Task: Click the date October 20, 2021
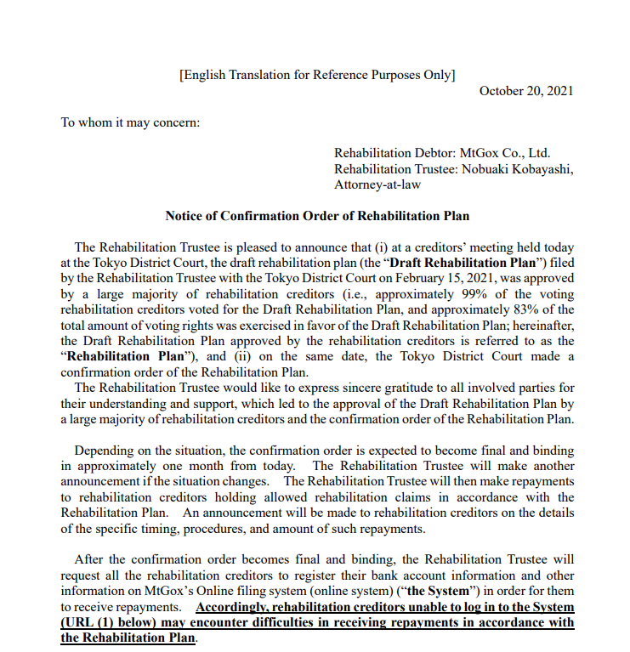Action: point(526,91)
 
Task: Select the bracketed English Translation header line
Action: point(316,74)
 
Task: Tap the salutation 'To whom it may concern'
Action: point(130,122)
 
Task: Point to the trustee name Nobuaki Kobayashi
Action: point(519,168)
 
